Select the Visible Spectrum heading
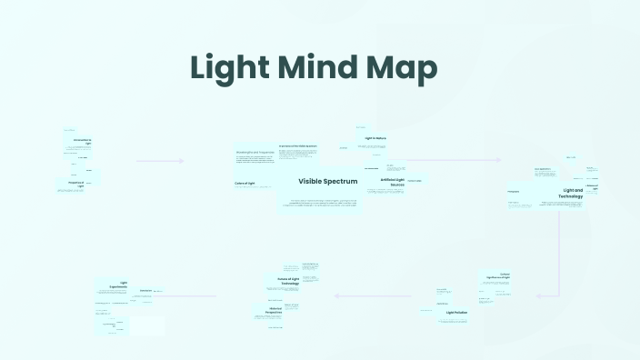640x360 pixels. pos(328,182)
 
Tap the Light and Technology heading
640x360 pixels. pos(571,193)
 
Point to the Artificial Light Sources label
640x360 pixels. pos(392,182)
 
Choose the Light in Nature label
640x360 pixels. pos(376,138)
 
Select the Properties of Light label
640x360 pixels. pos(75,184)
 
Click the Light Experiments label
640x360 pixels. pos(117,284)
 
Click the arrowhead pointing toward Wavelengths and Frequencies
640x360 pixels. pos(182,161)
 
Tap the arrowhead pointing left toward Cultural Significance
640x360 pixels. pos(538,295)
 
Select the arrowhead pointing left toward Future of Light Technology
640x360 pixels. pos(336,295)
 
